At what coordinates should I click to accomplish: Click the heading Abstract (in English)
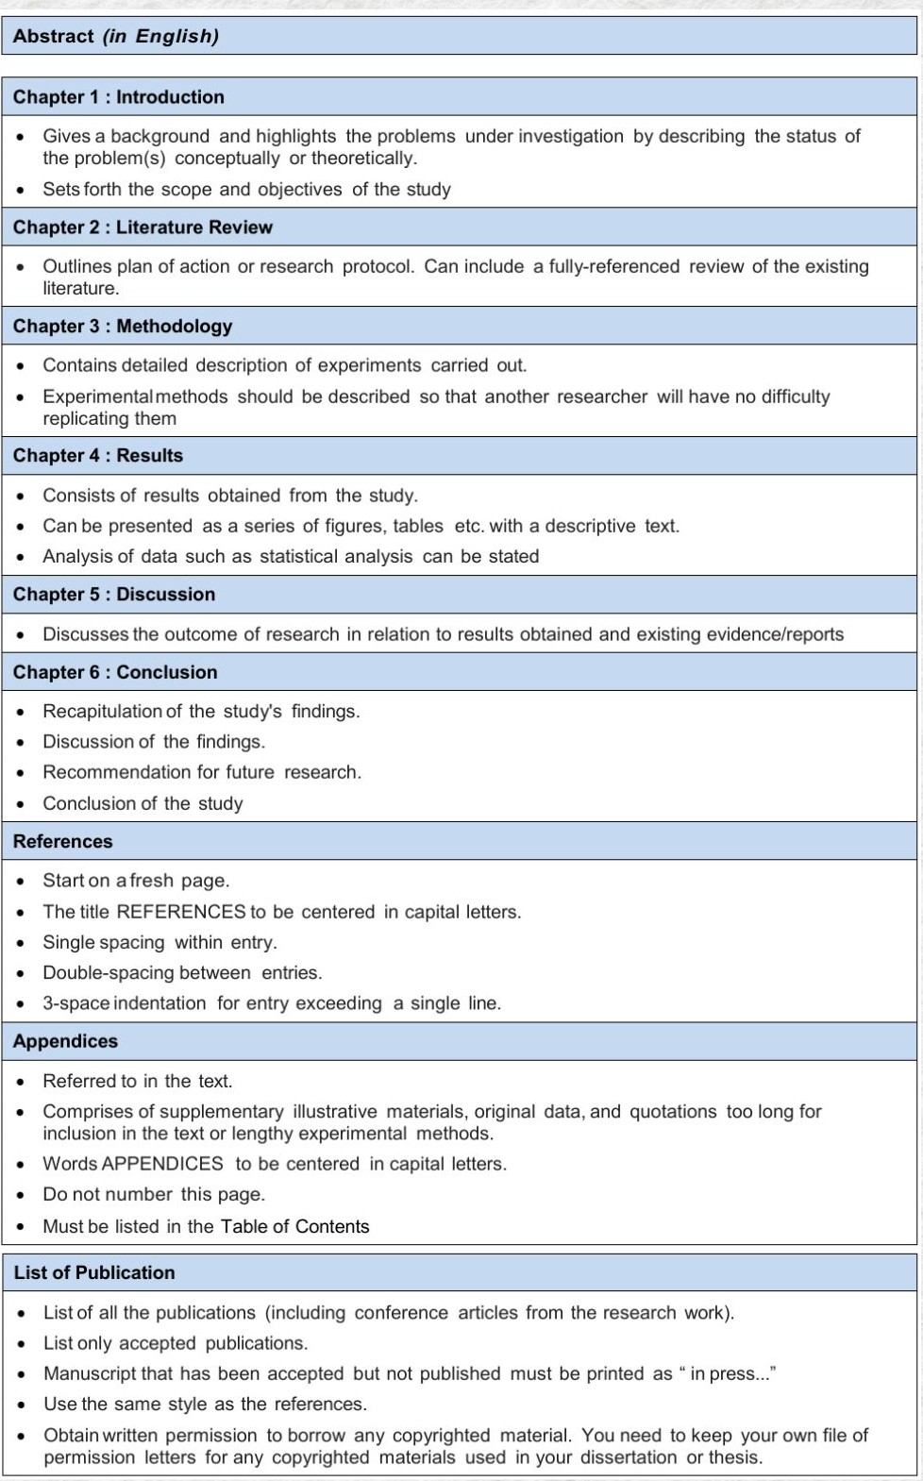(116, 37)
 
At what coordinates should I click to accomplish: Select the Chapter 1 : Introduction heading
(119, 97)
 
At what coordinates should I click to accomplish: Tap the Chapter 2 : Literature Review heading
(143, 227)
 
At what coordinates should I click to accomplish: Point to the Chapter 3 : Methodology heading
(123, 327)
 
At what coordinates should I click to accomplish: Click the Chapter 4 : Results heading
(98, 456)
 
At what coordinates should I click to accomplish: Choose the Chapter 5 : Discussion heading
(114, 595)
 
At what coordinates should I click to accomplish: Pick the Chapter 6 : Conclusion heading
(115, 673)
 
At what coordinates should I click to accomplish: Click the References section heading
(63, 842)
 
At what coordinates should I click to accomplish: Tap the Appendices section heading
(66, 1042)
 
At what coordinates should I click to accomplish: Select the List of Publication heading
(94, 1273)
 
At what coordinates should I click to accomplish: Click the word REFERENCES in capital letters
(180, 913)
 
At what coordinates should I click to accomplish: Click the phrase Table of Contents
(294, 1227)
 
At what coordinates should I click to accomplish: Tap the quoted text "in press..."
(727, 1374)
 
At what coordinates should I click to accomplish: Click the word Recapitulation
(103, 712)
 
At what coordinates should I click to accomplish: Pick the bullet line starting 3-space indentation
(272, 1004)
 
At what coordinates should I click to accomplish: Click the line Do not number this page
(154, 1195)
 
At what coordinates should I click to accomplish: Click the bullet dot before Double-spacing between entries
(21, 973)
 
